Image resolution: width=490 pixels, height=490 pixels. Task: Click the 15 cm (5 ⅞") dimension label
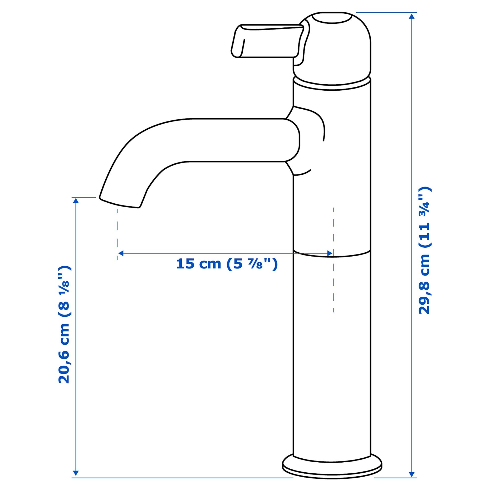[x=227, y=264]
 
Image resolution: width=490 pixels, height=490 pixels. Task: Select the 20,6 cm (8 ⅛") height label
[x=64, y=325]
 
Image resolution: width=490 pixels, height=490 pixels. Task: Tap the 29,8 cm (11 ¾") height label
[x=424, y=250]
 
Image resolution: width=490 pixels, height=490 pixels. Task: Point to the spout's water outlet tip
[x=120, y=203]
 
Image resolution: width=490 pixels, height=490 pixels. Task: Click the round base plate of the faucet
[x=332, y=468]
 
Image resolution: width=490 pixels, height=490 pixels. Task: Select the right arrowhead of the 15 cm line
[x=330, y=253]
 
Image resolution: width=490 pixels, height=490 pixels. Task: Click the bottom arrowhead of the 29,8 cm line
[x=412, y=474]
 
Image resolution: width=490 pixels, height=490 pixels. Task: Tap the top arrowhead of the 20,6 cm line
[x=76, y=201]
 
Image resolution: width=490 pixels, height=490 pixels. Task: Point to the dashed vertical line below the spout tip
[x=117, y=232]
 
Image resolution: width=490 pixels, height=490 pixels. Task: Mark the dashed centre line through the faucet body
[x=334, y=285]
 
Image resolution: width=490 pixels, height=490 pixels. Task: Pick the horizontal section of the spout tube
[x=237, y=140]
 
